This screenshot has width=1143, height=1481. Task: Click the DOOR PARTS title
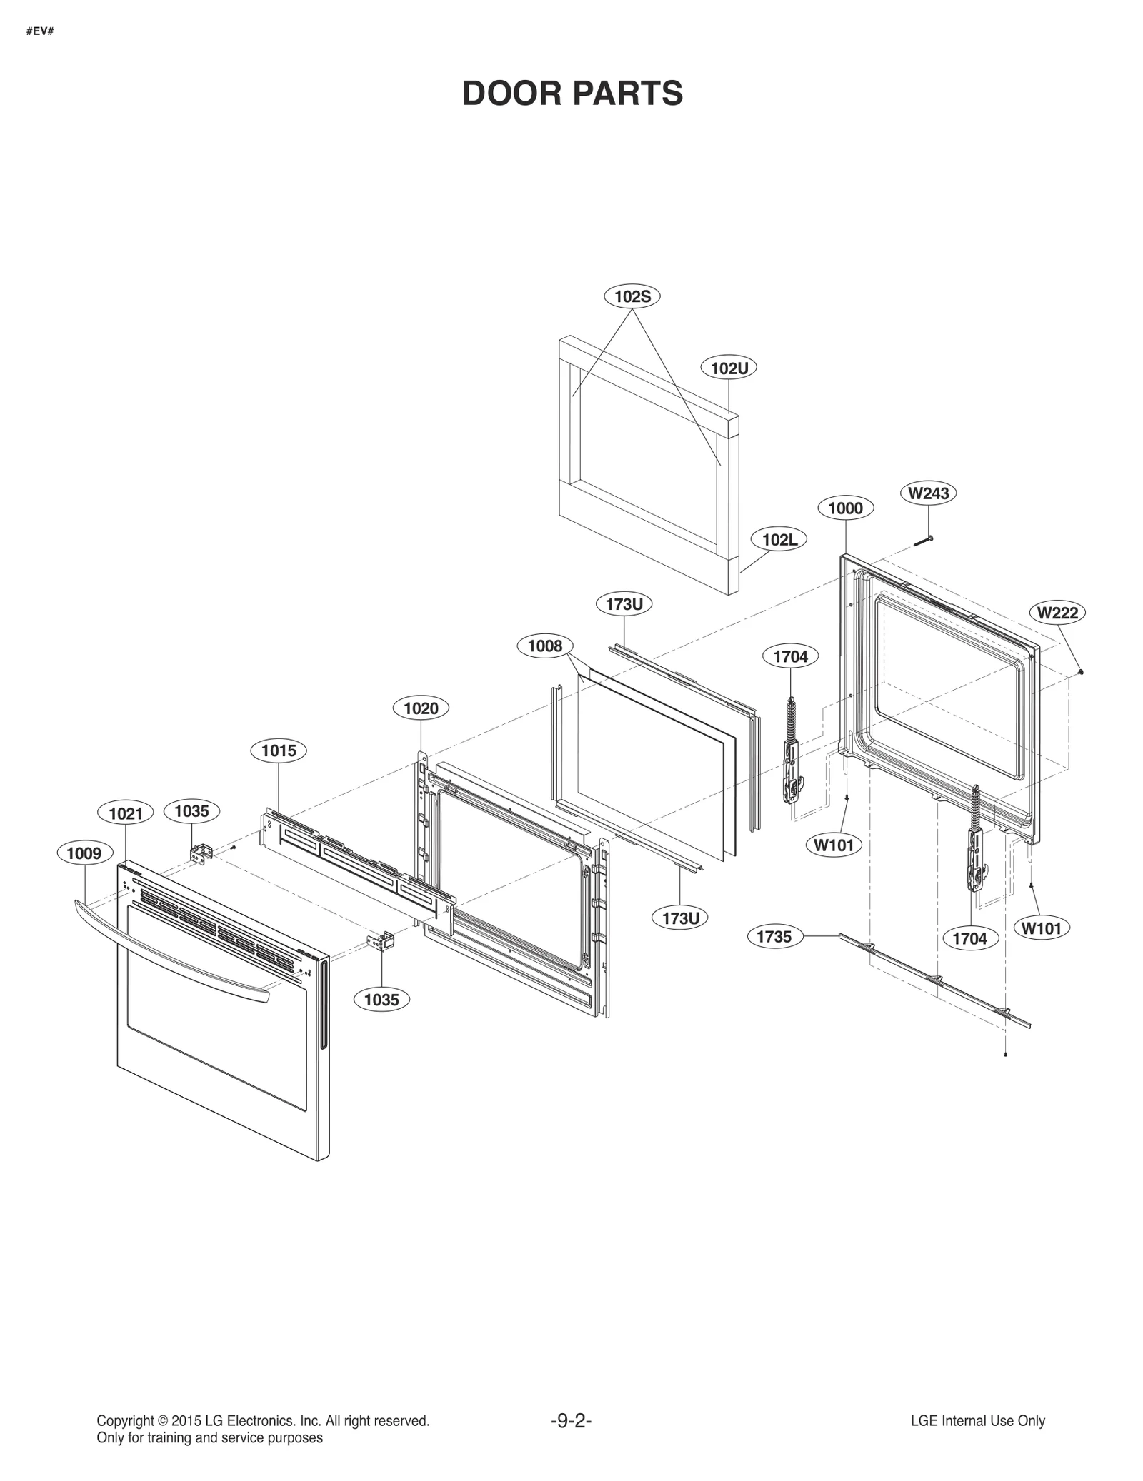point(572,94)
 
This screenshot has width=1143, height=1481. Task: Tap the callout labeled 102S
point(632,296)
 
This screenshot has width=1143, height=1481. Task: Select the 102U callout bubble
point(729,368)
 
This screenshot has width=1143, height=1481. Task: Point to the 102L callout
point(779,540)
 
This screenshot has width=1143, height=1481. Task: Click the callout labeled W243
point(928,493)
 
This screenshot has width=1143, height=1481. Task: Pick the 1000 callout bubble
point(845,508)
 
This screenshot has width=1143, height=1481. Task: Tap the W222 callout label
point(1057,613)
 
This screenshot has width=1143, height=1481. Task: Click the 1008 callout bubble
point(545,646)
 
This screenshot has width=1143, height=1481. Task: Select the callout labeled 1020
point(421,708)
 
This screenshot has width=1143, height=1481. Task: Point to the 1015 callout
point(279,750)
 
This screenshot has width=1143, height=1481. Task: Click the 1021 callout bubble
point(126,813)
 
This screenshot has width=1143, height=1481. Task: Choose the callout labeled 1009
point(84,853)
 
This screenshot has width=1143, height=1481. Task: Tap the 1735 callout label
point(774,937)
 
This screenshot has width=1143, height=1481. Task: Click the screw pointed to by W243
point(924,541)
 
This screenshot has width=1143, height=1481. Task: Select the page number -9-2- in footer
point(571,1421)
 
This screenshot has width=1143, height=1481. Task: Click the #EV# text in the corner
point(40,32)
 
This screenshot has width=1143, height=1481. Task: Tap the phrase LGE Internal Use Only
point(977,1421)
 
